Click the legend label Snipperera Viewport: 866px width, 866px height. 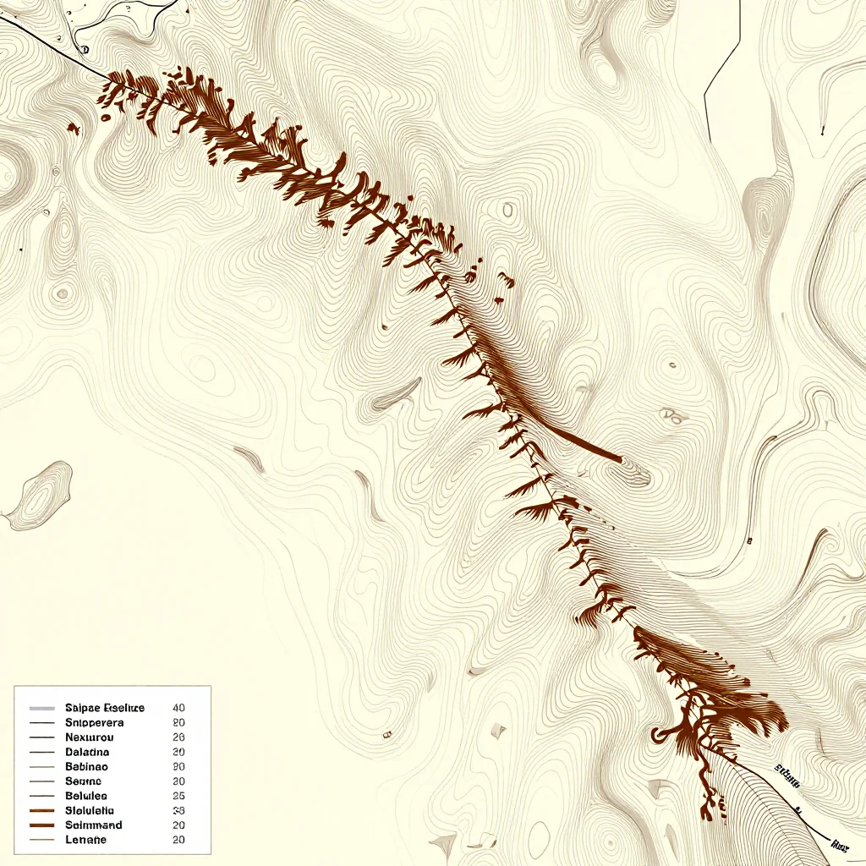click(94, 723)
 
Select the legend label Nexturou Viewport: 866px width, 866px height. click(88, 737)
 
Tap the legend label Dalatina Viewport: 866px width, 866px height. click(86, 752)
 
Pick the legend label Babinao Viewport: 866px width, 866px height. click(86, 766)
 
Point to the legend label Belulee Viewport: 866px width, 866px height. click(85, 796)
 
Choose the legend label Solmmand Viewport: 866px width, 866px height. click(93, 825)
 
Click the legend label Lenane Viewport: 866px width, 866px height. click(85, 840)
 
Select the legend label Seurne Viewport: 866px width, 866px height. click(83, 781)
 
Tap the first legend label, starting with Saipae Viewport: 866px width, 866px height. click(105, 708)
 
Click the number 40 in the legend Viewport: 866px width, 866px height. click(178, 708)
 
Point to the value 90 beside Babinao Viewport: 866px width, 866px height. click(178, 766)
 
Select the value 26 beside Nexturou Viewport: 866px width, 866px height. click(178, 737)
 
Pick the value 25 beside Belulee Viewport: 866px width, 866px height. click(178, 796)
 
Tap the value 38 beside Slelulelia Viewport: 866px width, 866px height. click(178, 810)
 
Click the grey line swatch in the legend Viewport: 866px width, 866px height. click(41, 708)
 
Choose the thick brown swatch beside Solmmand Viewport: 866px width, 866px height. click(41, 825)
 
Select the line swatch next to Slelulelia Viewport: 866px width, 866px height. click(41, 810)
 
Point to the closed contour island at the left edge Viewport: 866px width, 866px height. click(38, 495)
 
